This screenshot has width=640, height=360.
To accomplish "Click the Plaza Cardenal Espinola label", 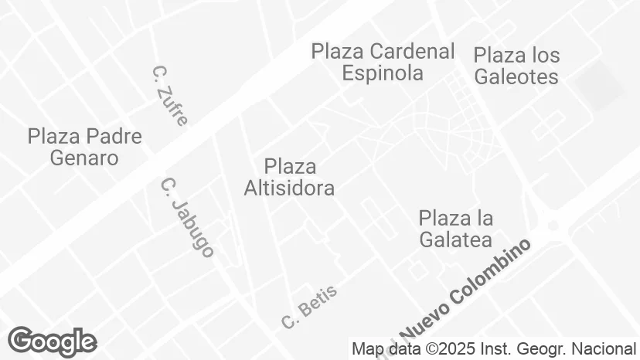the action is click(x=383, y=63).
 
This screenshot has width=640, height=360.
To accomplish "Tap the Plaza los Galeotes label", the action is click(x=516, y=66).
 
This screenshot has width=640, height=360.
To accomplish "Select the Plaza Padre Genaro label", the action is click(x=85, y=148).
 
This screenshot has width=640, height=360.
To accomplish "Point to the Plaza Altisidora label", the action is click(x=289, y=177).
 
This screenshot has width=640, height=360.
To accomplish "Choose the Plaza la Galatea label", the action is click(x=455, y=229).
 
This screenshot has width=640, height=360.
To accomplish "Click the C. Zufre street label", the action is click(x=170, y=96).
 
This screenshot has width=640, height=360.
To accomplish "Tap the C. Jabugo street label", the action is click(x=187, y=217).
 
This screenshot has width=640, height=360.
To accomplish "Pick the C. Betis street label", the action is click(x=309, y=307).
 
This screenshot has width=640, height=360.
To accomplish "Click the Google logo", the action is click(x=52, y=341).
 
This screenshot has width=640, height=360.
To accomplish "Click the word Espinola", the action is click(x=383, y=73).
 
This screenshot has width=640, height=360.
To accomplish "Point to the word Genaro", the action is click(x=85, y=158).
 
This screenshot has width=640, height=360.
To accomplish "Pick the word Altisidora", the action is click(x=289, y=188).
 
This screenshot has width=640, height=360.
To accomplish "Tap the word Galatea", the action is click(x=455, y=239).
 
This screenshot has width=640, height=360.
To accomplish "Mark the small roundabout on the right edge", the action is click(x=552, y=226).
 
